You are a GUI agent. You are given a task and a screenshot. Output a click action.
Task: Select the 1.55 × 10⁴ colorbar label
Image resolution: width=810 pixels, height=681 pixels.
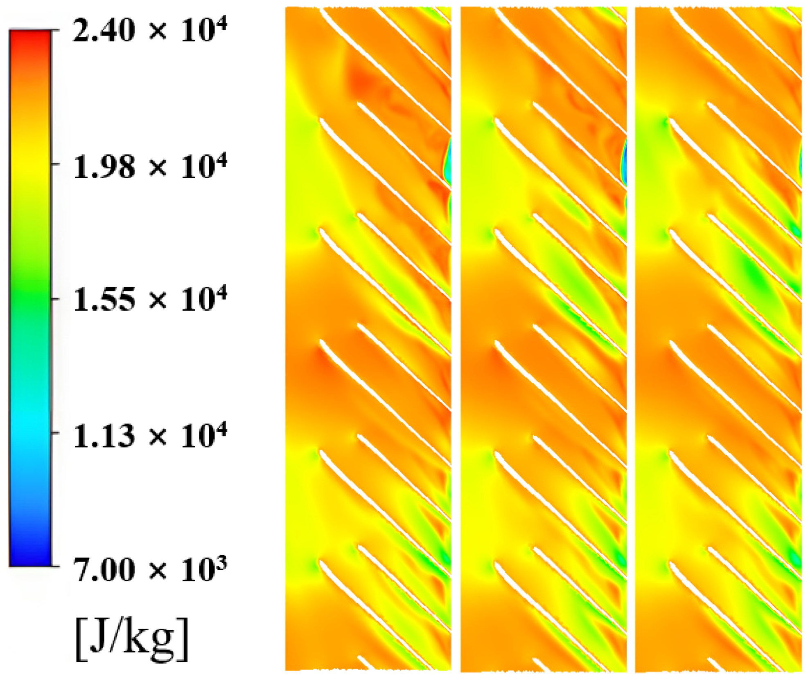(x=149, y=300)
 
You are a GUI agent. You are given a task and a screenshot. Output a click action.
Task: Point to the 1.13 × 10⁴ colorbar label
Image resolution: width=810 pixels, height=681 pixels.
(x=149, y=435)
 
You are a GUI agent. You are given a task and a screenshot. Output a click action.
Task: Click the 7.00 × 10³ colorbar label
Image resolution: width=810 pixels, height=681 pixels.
(x=149, y=569)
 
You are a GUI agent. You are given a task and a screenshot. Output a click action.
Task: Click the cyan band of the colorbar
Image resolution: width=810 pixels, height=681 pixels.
(x=31, y=421)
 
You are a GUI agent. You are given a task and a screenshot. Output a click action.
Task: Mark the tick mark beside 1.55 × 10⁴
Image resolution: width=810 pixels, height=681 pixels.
(x=55, y=299)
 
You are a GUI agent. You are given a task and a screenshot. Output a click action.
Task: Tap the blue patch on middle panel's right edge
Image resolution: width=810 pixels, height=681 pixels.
(x=624, y=161)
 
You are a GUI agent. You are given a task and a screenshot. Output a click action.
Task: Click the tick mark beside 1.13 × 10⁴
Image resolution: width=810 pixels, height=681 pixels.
(x=55, y=432)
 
